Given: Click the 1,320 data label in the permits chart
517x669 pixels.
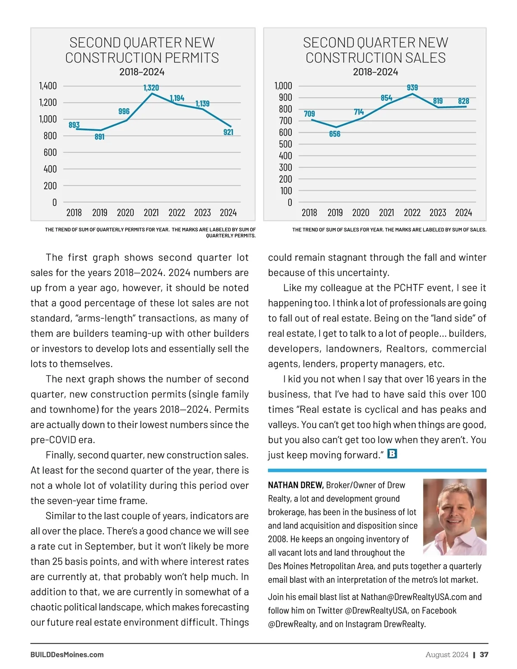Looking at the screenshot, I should pos(151,88).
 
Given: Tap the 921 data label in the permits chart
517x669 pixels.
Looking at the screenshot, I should pos(228,132).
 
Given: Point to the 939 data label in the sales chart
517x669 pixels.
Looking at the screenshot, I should pos(412,87).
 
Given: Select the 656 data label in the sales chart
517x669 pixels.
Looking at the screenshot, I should pos(335,134).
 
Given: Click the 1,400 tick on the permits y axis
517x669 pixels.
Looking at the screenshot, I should pos(48,86).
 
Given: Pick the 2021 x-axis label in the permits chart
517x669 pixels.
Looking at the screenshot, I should pos(151,212).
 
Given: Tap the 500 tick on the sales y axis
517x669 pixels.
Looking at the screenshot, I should pos(285,144).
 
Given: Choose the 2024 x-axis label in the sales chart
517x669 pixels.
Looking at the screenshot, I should pos(464,212).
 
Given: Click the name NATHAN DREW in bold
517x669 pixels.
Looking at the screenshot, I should pos(296,485).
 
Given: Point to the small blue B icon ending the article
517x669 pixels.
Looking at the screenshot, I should pos(392,454).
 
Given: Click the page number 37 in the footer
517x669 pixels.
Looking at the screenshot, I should pos(484,655).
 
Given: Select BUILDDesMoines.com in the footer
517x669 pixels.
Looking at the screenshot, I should pos(67,655).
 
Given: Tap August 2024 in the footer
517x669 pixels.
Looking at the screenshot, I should pos(447,655).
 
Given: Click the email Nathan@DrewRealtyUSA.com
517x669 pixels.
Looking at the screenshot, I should pos(414,597).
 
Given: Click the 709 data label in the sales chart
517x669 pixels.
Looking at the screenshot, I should pos(309,114).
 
